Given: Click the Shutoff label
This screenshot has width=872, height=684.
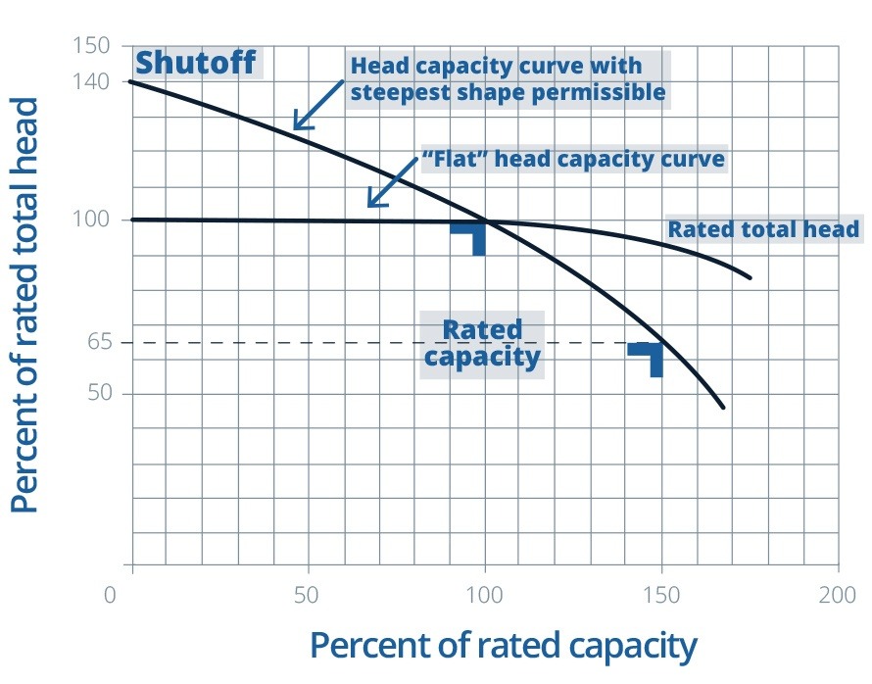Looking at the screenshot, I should [x=195, y=63].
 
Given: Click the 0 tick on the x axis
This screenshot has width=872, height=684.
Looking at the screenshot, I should [x=111, y=594].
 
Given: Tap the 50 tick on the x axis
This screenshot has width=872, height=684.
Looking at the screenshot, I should [x=307, y=594].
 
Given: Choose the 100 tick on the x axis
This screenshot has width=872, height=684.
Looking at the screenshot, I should [x=484, y=594].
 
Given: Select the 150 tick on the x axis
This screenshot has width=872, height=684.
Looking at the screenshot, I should [x=661, y=594].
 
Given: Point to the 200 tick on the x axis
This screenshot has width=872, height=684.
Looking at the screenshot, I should [x=838, y=594].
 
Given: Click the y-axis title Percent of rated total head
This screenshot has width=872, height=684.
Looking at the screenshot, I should [x=26, y=305].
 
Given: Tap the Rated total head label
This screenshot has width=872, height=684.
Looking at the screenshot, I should [x=762, y=229].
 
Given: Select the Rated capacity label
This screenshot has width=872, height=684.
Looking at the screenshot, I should [x=482, y=342].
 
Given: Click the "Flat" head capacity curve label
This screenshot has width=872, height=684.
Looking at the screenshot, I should [x=573, y=159].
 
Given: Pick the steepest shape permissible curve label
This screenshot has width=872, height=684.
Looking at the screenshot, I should [x=508, y=79].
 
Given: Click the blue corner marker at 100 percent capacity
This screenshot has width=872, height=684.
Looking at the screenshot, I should [x=471, y=236].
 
